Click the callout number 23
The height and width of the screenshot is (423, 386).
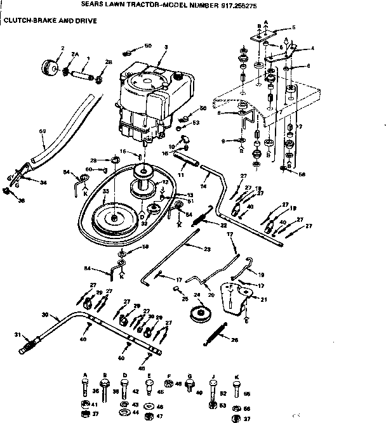(x=206, y=249)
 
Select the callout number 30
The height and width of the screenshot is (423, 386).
(x=44, y=315)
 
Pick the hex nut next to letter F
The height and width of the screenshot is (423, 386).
(x=170, y=385)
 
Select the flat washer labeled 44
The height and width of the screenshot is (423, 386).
(x=125, y=413)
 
